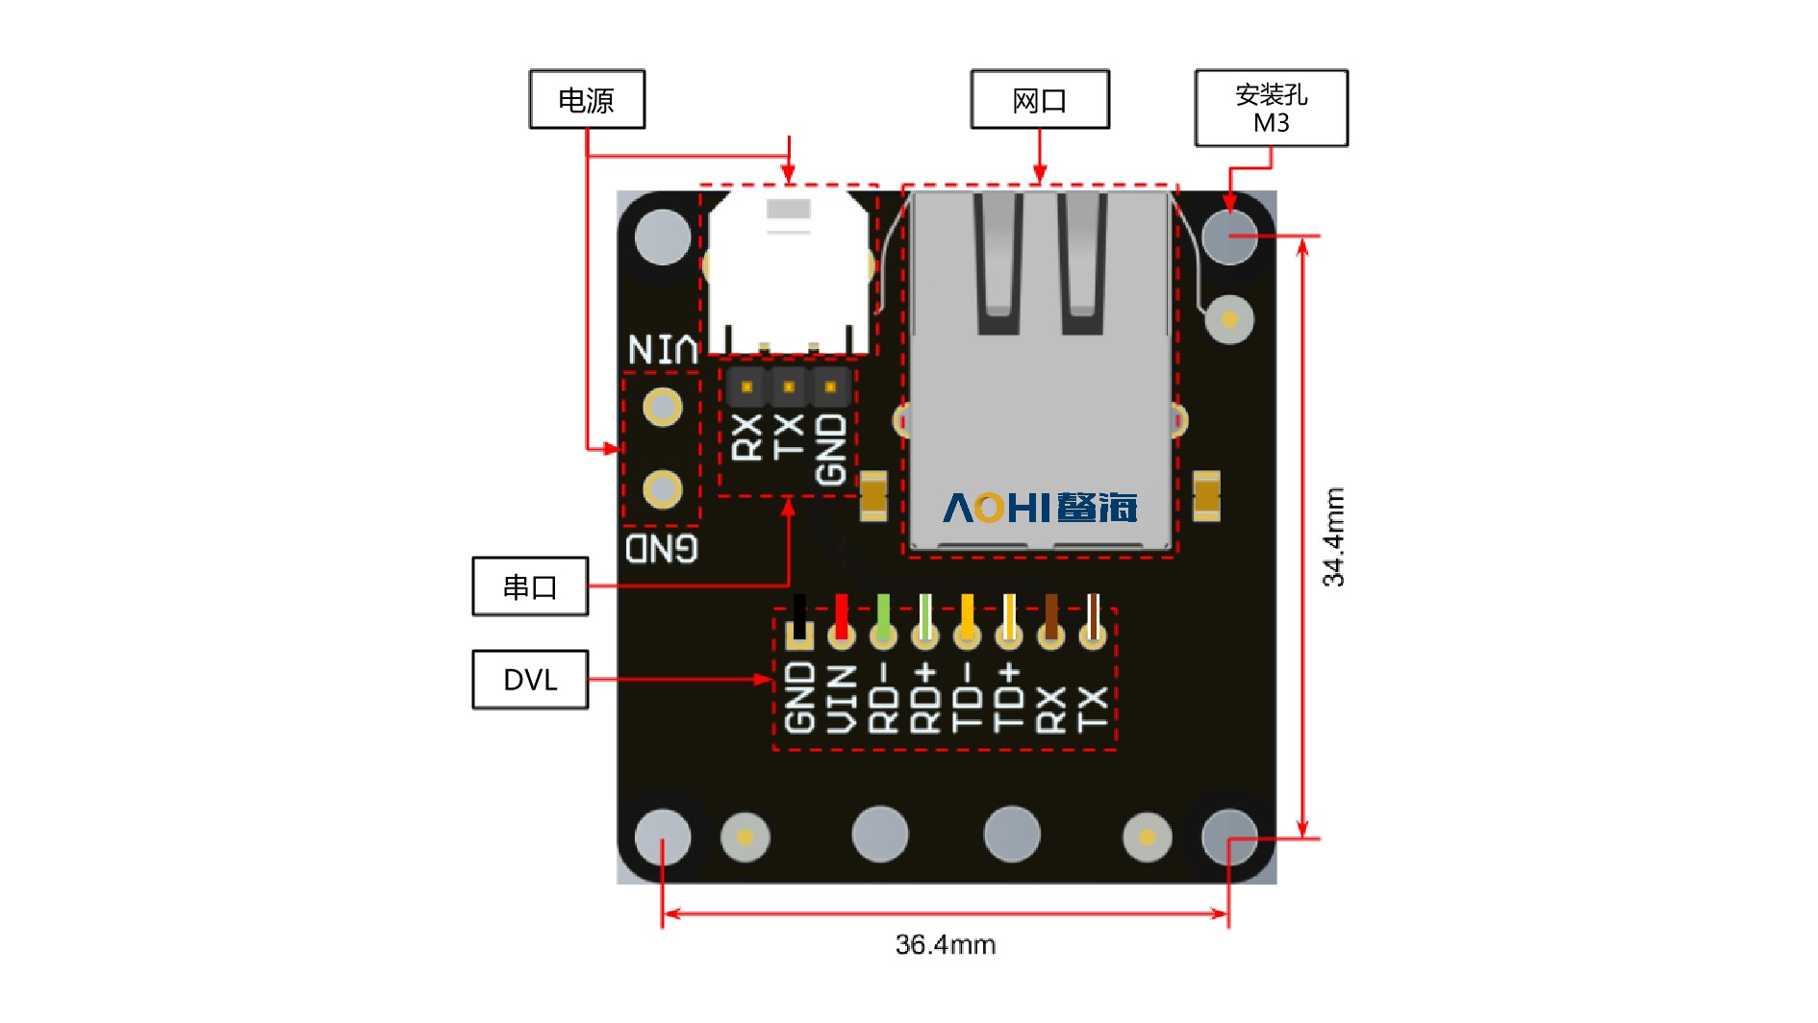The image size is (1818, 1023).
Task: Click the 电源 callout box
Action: point(587,99)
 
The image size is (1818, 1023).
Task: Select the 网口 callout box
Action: point(1040,99)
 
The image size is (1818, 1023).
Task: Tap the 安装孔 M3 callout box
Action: point(1271,108)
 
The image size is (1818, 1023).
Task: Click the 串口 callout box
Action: point(530,586)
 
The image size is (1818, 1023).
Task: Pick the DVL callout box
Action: point(530,680)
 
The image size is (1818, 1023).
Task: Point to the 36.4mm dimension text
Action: point(945,945)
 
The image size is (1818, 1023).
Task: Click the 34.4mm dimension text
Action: point(1333,536)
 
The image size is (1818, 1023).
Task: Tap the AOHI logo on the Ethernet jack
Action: point(1039,508)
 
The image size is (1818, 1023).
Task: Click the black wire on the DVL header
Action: point(799,615)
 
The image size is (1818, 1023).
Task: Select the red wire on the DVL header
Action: point(842,615)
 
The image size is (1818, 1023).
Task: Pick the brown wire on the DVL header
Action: point(1050,615)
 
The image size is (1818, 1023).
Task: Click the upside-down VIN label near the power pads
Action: point(663,349)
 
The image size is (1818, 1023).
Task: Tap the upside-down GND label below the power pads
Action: point(662,549)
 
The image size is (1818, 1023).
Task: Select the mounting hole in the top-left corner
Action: point(663,237)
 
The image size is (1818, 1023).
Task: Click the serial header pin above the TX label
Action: point(789,387)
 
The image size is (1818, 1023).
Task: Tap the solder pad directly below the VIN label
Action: point(663,407)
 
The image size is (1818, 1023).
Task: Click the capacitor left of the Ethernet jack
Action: point(873,496)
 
